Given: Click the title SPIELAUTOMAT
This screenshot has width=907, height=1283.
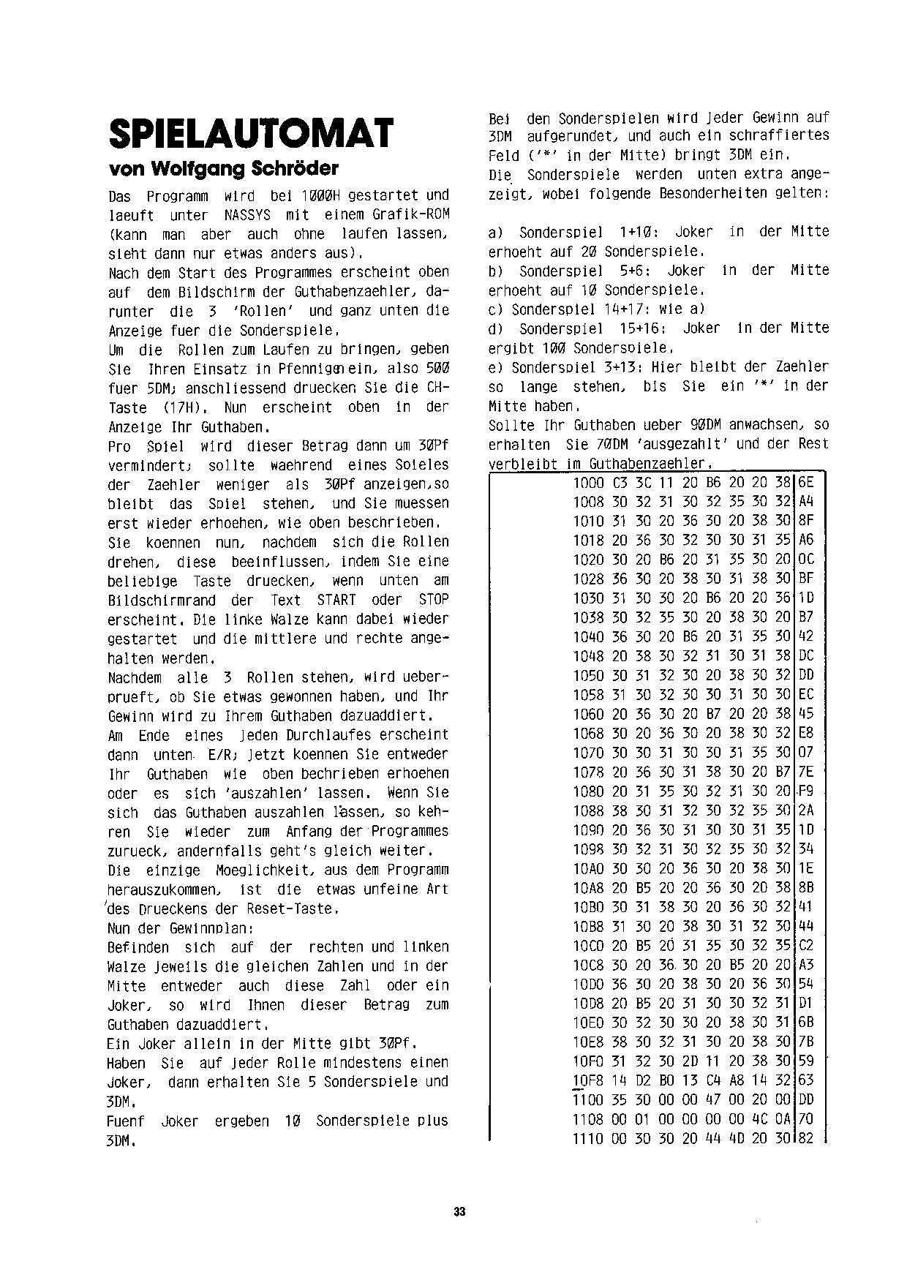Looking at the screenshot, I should coord(250,134).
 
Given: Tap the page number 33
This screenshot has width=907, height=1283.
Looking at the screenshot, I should coord(459,1211).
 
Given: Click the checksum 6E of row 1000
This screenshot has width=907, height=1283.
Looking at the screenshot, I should coord(806,483).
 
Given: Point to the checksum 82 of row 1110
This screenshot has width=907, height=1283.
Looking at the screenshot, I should coord(806,1138).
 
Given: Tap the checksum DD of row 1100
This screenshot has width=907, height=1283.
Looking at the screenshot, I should coord(806,1099).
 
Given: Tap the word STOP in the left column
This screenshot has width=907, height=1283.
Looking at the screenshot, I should coord(434,600).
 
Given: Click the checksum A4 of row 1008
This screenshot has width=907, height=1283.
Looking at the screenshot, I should coord(806,502).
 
